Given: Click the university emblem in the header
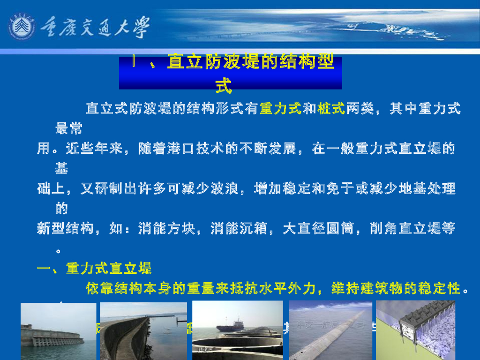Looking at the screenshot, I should (22, 26).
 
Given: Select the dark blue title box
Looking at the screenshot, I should (230, 73).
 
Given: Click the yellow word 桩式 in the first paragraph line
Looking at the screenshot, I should (331, 109).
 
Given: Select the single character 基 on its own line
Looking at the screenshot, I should (61, 168).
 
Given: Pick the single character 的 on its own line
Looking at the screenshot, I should (61, 208).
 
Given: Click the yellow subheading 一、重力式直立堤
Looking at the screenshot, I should (95, 269).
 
